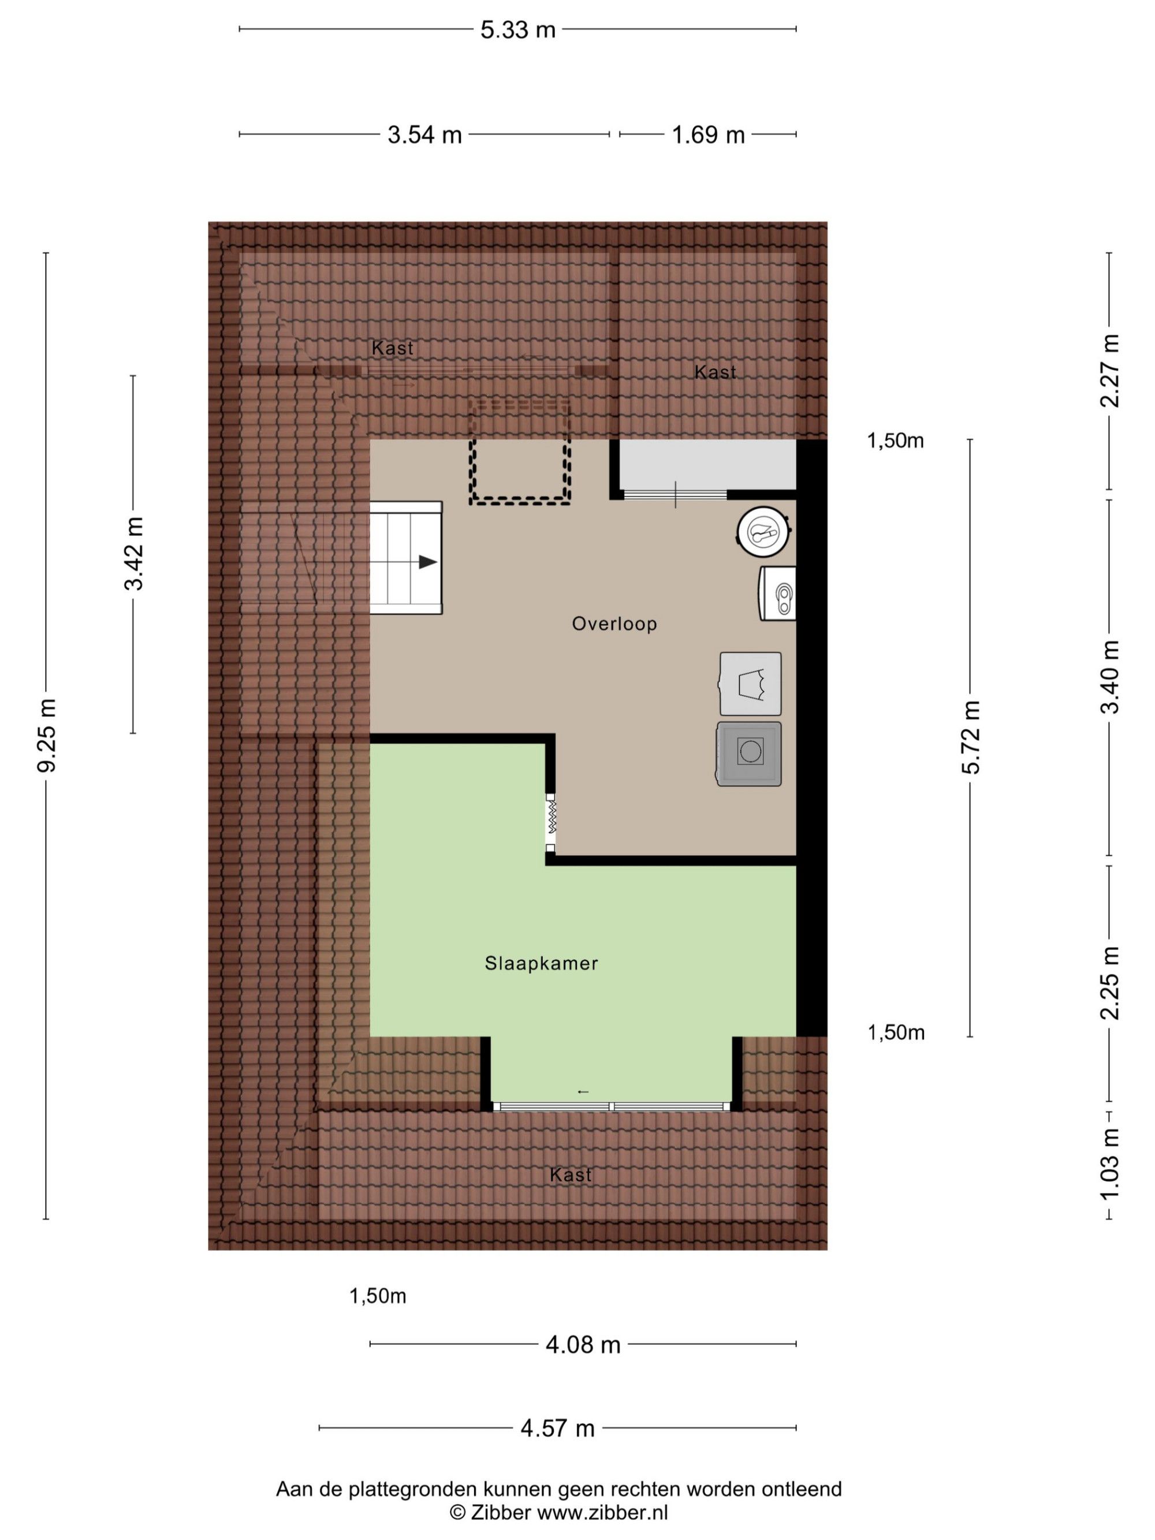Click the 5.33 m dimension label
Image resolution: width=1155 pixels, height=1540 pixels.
coord(517,30)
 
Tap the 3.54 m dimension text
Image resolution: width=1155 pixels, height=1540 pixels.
coord(424,135)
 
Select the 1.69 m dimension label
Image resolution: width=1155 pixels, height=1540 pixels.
coord(707,135)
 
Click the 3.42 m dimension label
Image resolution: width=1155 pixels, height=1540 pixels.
coord(133,554)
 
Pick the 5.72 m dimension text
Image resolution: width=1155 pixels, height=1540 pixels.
coord(971,737)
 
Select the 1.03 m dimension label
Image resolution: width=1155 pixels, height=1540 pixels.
coord(1110,1164)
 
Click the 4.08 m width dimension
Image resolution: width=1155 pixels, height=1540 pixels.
coord(583,1344)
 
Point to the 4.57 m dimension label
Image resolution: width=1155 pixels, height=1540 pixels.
coord(558,1428)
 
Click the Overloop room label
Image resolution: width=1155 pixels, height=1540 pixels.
coord(614,624)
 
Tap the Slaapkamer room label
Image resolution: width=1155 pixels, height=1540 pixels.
coord(541,964)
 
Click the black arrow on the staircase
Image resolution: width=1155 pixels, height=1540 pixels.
coord(427,562)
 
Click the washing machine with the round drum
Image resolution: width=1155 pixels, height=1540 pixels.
coord(749,754)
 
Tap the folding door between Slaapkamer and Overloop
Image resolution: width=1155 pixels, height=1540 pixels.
coord(550,823)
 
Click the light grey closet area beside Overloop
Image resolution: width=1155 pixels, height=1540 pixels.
coord(707,464)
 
